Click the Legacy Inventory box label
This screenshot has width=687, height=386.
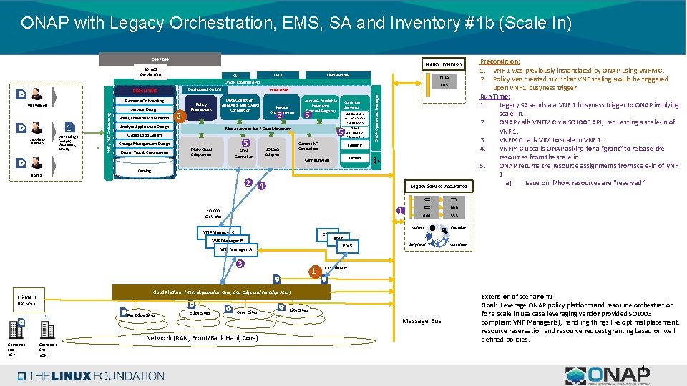pos(444,64)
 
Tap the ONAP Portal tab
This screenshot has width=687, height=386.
pos(338,75)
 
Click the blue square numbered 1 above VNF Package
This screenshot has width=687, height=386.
pos(69,128)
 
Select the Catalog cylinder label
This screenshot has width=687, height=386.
pos(145,172)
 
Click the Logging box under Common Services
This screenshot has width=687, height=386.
pos(354,145)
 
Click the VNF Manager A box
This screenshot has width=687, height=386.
pos(236,249)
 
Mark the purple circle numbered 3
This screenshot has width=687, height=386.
pos(241,264)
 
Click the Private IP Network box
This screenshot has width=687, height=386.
pos(30,300)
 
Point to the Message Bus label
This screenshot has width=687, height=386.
pos(422,321)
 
